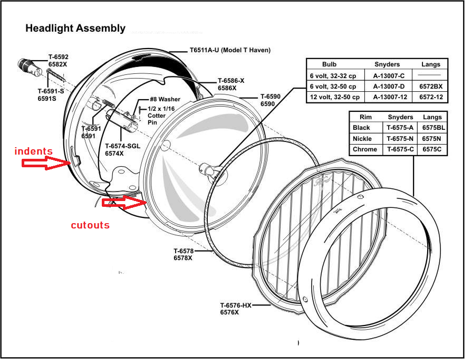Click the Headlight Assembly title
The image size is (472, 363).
[75, 28]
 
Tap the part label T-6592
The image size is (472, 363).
[59, 57]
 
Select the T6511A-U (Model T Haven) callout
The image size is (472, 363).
[230, 51]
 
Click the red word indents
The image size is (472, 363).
[33, 151]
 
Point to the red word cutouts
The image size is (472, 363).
[90, 225]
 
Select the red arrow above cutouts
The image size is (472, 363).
[124, 202]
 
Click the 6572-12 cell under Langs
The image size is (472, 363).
[430, 97]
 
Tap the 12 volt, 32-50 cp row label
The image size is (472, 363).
[334, 97]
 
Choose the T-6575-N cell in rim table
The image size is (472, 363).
[401, 139]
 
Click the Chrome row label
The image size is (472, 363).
[365, 149]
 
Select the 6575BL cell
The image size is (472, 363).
[434, 128]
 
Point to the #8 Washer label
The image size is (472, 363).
[165, 99]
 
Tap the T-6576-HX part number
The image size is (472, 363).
[236, 305]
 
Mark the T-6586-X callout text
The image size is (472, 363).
[231, 81]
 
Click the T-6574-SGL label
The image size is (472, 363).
[122, 146]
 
